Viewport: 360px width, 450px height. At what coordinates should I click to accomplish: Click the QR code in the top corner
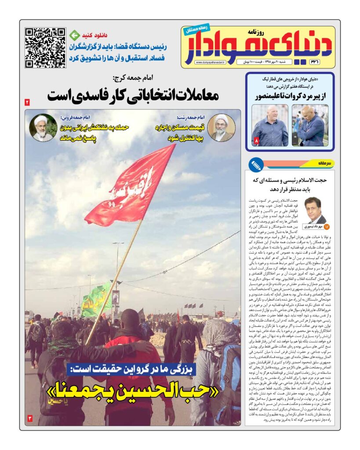point(45,47)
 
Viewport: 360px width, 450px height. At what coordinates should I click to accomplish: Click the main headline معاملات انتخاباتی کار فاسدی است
point(133,95)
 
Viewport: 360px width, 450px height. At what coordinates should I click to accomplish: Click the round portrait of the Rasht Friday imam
point(221,127)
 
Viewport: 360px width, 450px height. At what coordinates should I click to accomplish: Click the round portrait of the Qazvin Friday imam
point(43,127)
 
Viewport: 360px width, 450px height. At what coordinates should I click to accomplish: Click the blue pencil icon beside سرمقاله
point(256,165)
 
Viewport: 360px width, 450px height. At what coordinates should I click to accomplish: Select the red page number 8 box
point(257,141)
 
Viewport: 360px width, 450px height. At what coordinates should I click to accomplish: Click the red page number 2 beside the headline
point(27,102)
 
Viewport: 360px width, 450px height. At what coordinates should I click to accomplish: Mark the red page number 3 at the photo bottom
point(30,418)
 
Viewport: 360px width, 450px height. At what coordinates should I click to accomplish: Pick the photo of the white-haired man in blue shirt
point(270,125)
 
